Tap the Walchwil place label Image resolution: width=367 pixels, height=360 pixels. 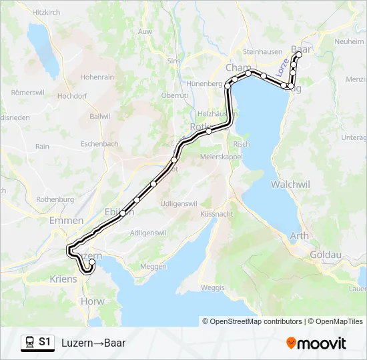coord(289,183)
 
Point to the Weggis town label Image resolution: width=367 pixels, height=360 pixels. coord(212,287)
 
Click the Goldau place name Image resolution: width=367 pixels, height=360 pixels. coord(326,255)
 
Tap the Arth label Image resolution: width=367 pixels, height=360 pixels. coord(299,236)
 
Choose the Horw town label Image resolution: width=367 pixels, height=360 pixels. coord(92,301)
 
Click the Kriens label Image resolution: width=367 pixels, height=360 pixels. coord(63,279)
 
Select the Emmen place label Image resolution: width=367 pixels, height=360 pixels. coord(66,221)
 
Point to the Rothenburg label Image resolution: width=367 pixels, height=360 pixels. coord(55,199)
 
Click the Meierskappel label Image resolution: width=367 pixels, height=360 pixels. coord(220,157)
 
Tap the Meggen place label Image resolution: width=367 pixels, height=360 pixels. coord(153,266)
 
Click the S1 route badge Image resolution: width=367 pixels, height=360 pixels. coord(38,343)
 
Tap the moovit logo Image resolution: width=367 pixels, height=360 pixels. coord(316,343)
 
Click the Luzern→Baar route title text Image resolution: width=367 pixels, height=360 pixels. coord(93,343)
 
